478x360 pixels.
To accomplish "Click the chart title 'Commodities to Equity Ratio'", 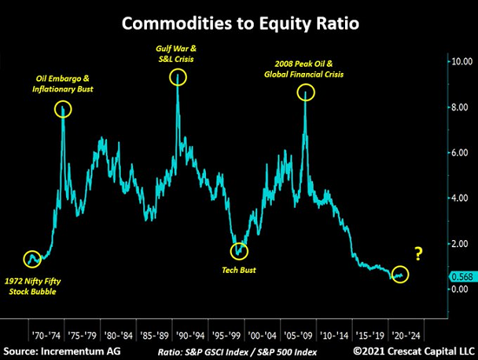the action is click(x=240, y=23).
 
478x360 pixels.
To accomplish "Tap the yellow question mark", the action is click(x=419, y=254).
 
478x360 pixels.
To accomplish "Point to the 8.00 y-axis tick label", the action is click(x=460, y=107).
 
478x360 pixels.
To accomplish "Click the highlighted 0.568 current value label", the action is click(x=462, y=277).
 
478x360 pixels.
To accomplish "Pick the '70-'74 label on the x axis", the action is click(x=46, y=336).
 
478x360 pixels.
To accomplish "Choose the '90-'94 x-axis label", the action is click(x=190, y=336).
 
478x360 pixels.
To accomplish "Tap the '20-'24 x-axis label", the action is click(x=406, y=336).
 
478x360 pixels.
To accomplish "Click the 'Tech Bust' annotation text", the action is click(x=239, y=270).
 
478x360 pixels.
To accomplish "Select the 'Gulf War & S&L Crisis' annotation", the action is click(x=176, y=54).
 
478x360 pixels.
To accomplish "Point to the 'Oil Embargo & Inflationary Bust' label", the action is click(x=63, y=83).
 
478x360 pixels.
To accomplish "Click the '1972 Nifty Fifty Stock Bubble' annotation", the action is click(x=33, y=286).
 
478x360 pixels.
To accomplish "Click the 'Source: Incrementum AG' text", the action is click(x=62, y=351).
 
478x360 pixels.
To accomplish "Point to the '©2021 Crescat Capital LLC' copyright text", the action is click(x=414, y=351).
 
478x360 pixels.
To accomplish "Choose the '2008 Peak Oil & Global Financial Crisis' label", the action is click(x=304, y=70).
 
